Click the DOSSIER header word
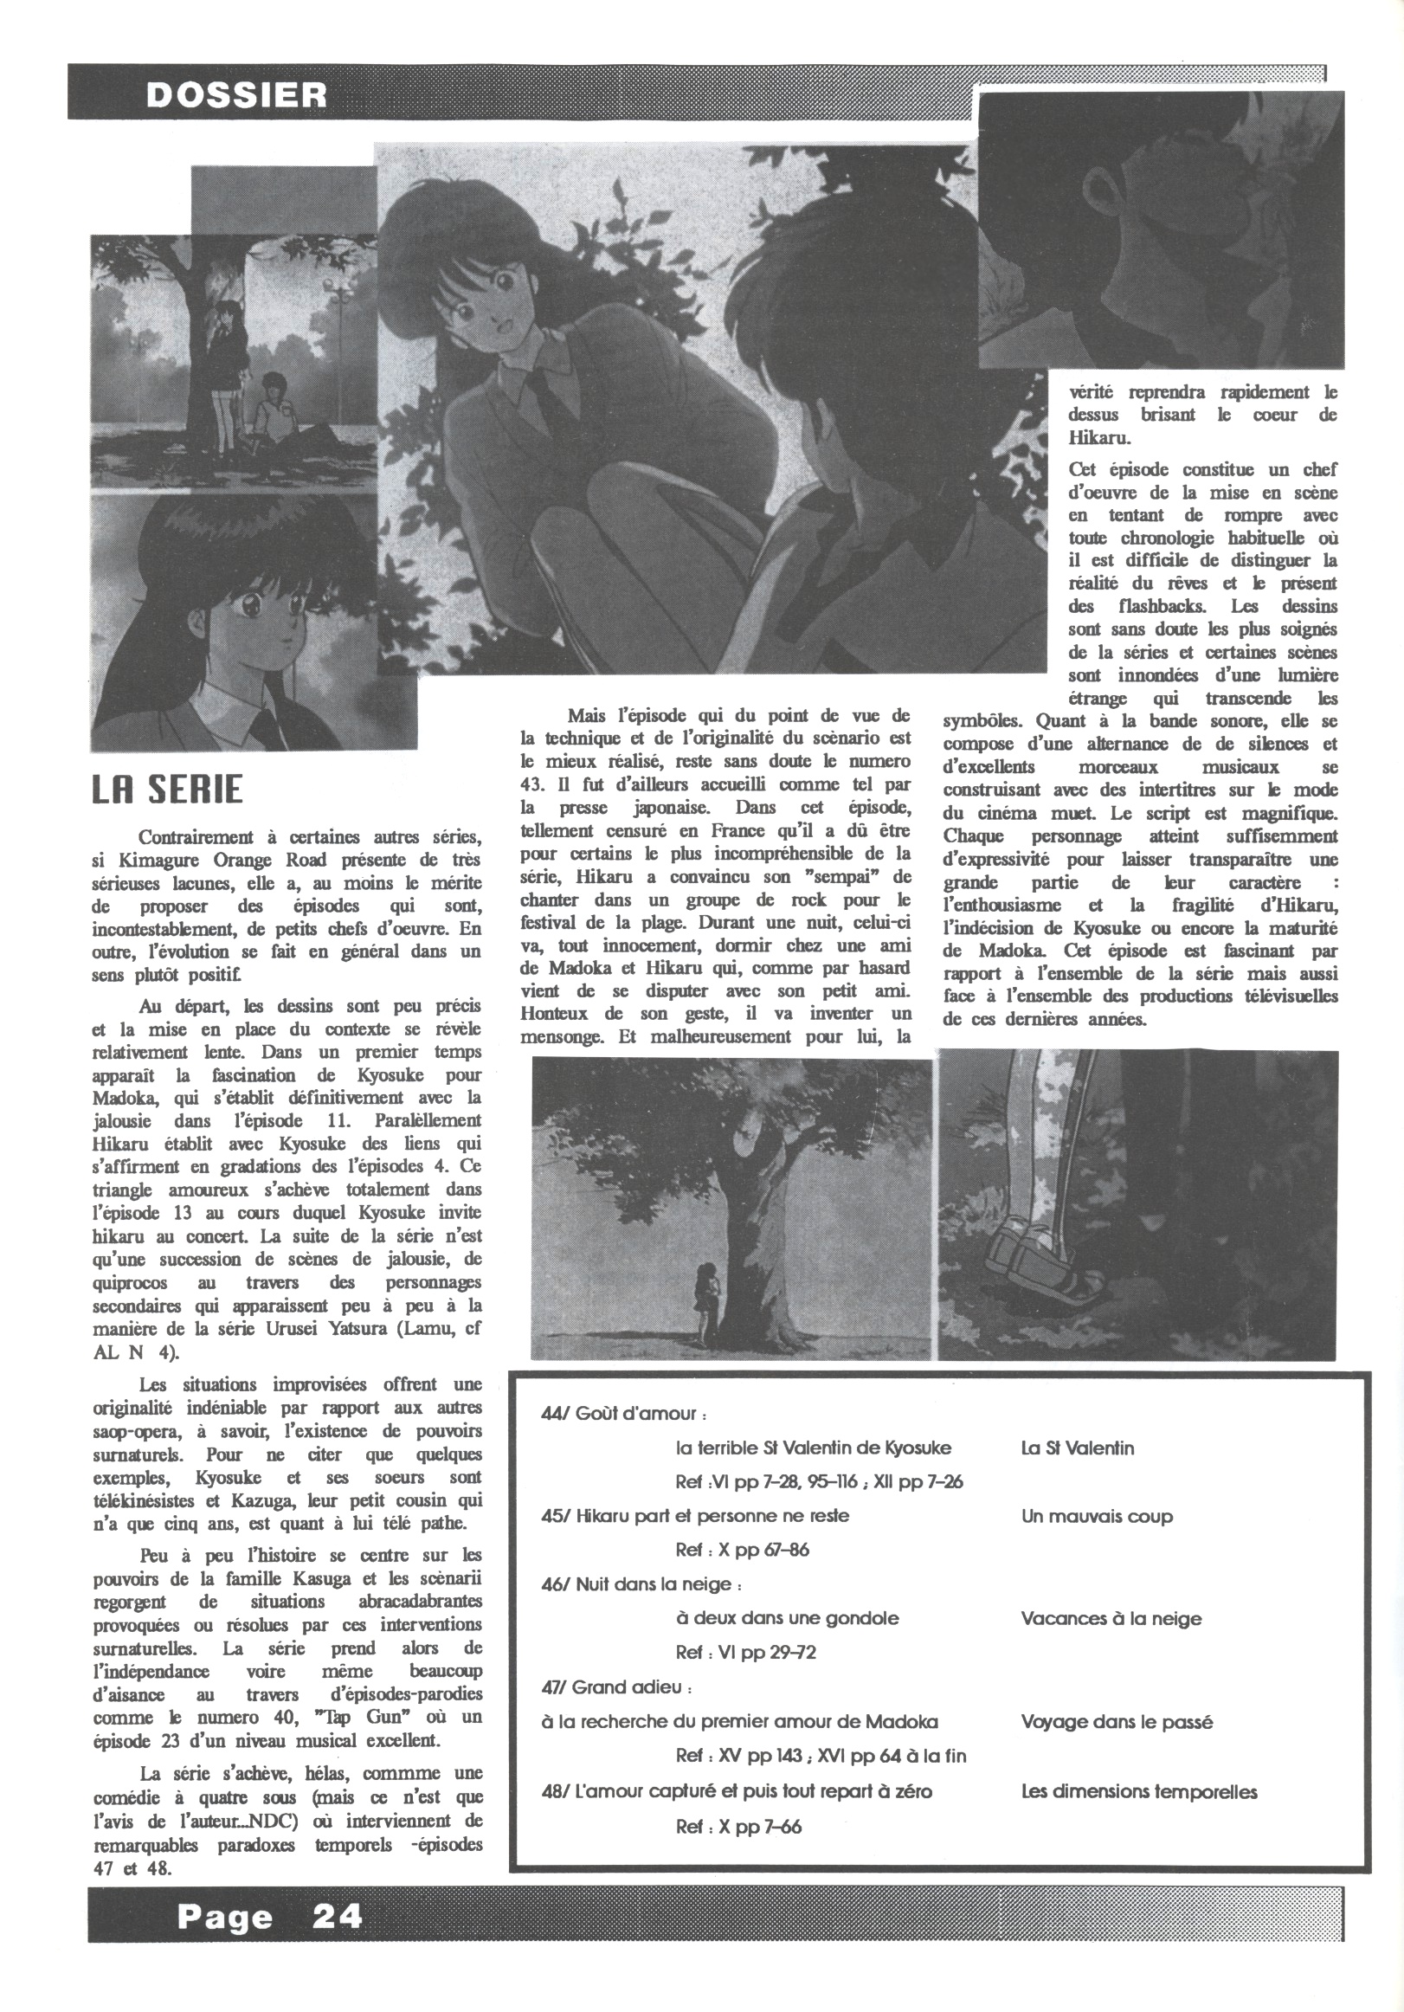pos(235,94)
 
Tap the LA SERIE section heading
pos(167,790)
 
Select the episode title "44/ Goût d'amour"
pos(624,1414)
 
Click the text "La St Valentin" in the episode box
pos(1077,1448)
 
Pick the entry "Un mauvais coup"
pos(1097,1517)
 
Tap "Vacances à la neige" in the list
pos(1111,1619)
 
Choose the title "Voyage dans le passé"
pos(1117,1722)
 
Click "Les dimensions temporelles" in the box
pos(1138,1792)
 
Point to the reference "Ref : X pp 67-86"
pos(743,1551)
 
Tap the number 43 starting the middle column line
pos(532,784)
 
